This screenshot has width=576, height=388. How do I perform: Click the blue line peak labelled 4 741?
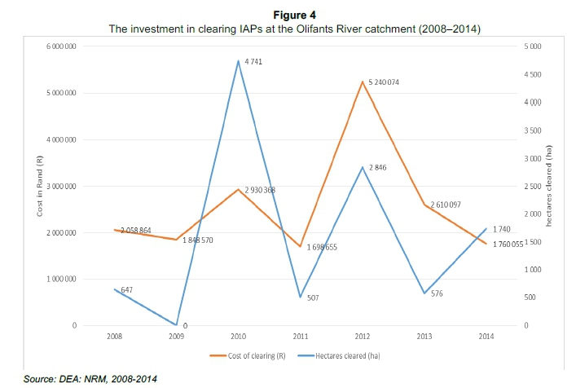tap(237, 60)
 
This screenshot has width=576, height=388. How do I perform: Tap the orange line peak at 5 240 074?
tap(358, 82)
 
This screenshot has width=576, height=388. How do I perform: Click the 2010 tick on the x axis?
tap(237, 335)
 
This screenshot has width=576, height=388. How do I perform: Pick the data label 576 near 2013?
tap(441, 295)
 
